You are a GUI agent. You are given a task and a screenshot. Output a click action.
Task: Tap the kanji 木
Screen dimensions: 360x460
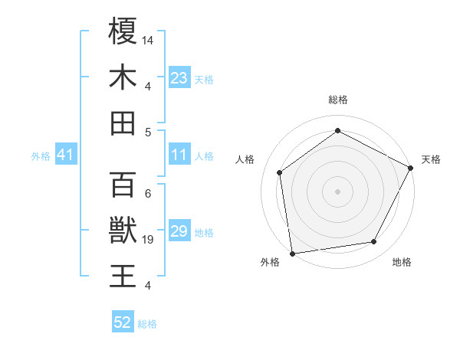pyautogui.click(x=123, y=77)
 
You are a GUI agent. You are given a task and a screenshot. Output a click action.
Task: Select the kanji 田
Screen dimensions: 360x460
pyautogui.click(x=123, y=123)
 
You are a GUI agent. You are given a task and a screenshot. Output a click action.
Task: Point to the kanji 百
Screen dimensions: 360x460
pyautogui.click(x=123, y=185)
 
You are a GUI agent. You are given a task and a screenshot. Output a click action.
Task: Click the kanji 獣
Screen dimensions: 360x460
pyautogui.click(x=123, y=231)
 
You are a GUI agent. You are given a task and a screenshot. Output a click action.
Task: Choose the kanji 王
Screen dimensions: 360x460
pyautogui.click(x=123, y=277)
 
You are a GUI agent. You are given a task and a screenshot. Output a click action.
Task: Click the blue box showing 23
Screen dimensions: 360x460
pyautogui.click(x=179, y=78)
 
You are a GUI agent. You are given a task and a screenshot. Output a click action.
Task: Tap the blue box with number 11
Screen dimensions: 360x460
pyautogui.click(x=179, y=155)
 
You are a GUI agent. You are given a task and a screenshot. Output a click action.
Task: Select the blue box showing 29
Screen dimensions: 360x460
pyautogui.click(x=179, y=231)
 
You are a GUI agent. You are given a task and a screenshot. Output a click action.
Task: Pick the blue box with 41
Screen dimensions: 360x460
pyautogui.click(x=65, y=155)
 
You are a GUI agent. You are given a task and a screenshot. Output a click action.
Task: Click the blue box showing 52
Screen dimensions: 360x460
pyautogui.click(x=123, y=322)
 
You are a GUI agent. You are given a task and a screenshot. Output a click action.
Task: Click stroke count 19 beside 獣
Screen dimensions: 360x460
pyautogui.click(x=148, y=240)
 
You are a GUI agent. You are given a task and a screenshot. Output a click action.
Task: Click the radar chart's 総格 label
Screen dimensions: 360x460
pyautogui.click(x=337, y=100)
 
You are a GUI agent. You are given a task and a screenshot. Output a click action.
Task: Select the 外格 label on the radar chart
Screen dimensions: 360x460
pyautogui.click(x=270, y=262)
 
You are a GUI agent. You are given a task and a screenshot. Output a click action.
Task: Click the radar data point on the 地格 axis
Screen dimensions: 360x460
pyautogui.click(x=374, y=242)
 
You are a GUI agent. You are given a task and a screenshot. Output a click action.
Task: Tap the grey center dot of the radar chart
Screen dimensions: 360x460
pyautogui.click(x=337, y=191)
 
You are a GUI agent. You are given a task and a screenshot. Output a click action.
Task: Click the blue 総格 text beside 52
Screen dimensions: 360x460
pyautogui.click(x=147, y=324)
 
